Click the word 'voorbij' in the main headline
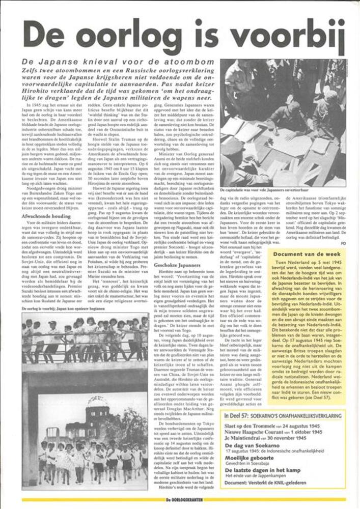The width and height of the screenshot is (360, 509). tap(286, 36)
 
